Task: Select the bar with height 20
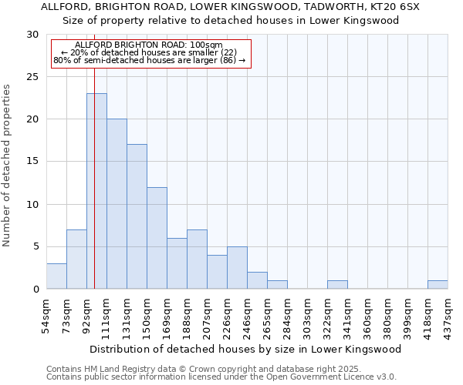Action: click(117, 204)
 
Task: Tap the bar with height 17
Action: click(137, 216)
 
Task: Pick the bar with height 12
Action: click(157, 238)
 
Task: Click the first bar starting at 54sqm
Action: click(56, 276)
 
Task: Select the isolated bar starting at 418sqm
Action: click(438, 285)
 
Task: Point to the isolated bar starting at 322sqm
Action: click(337, 285)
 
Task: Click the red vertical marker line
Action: click(94, 154)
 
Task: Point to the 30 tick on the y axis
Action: click(32, 35)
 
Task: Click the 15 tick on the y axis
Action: click(32, 162)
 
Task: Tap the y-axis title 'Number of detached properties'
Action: click(8, 166)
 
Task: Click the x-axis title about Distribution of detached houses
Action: click(251, 349)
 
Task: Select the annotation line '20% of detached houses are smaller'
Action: click(150, 52)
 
